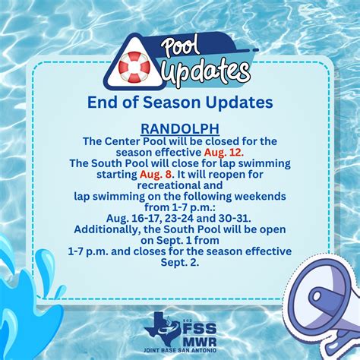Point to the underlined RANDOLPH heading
[180, 129]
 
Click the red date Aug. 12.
[224, 153]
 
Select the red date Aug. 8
[156, 175]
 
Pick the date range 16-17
[147, 218]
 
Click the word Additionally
[108, 229]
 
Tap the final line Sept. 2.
[180, 263]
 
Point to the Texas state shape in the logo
[162, 329]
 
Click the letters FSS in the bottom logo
[200, 329]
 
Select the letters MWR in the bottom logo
[200, 342]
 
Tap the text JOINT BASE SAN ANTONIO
[180, 351]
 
